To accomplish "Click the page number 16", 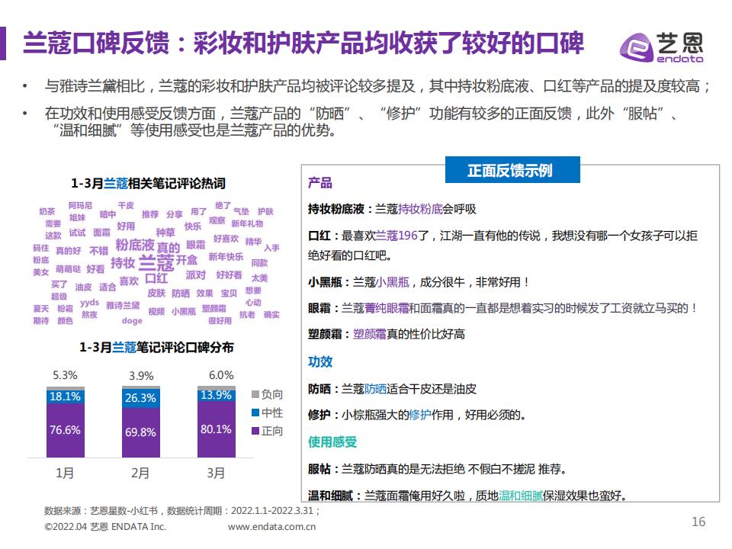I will (698, 522).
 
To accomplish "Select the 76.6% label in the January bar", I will (65, 430).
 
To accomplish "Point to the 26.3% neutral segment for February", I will (140, 398).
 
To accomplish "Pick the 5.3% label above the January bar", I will (65, 375).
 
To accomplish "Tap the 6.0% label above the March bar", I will (221, 375).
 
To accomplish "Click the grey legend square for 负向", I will (255, 394).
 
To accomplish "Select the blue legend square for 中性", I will (255, 413).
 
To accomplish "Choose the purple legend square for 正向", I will (255, 431).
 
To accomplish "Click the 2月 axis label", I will (140, 474).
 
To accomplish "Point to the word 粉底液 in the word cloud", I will (135, 245).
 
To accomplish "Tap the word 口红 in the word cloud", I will (156, 278).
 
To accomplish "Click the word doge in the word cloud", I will (132, 321).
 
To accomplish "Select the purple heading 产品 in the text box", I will (319, 183).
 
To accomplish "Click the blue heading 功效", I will (319, 362).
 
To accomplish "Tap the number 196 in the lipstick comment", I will (408, 236).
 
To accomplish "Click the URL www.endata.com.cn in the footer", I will (273, 526).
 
